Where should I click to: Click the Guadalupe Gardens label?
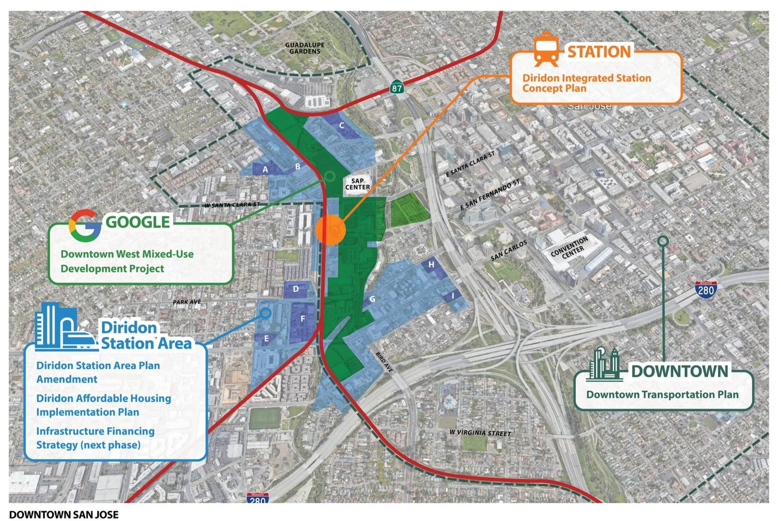305,48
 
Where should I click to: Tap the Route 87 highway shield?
397,86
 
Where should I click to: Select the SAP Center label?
358,184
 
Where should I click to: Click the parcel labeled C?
342,126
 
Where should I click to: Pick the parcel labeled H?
431,265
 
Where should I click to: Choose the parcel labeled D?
296,290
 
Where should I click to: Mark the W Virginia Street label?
480,432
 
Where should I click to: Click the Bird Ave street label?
384,362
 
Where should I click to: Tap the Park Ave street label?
187,302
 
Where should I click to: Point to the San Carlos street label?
509,251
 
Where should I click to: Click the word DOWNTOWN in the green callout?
679,371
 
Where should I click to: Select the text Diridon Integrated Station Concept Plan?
587,83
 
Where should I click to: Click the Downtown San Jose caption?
64,515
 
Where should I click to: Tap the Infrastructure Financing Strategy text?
95,438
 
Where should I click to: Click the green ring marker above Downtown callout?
663,241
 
